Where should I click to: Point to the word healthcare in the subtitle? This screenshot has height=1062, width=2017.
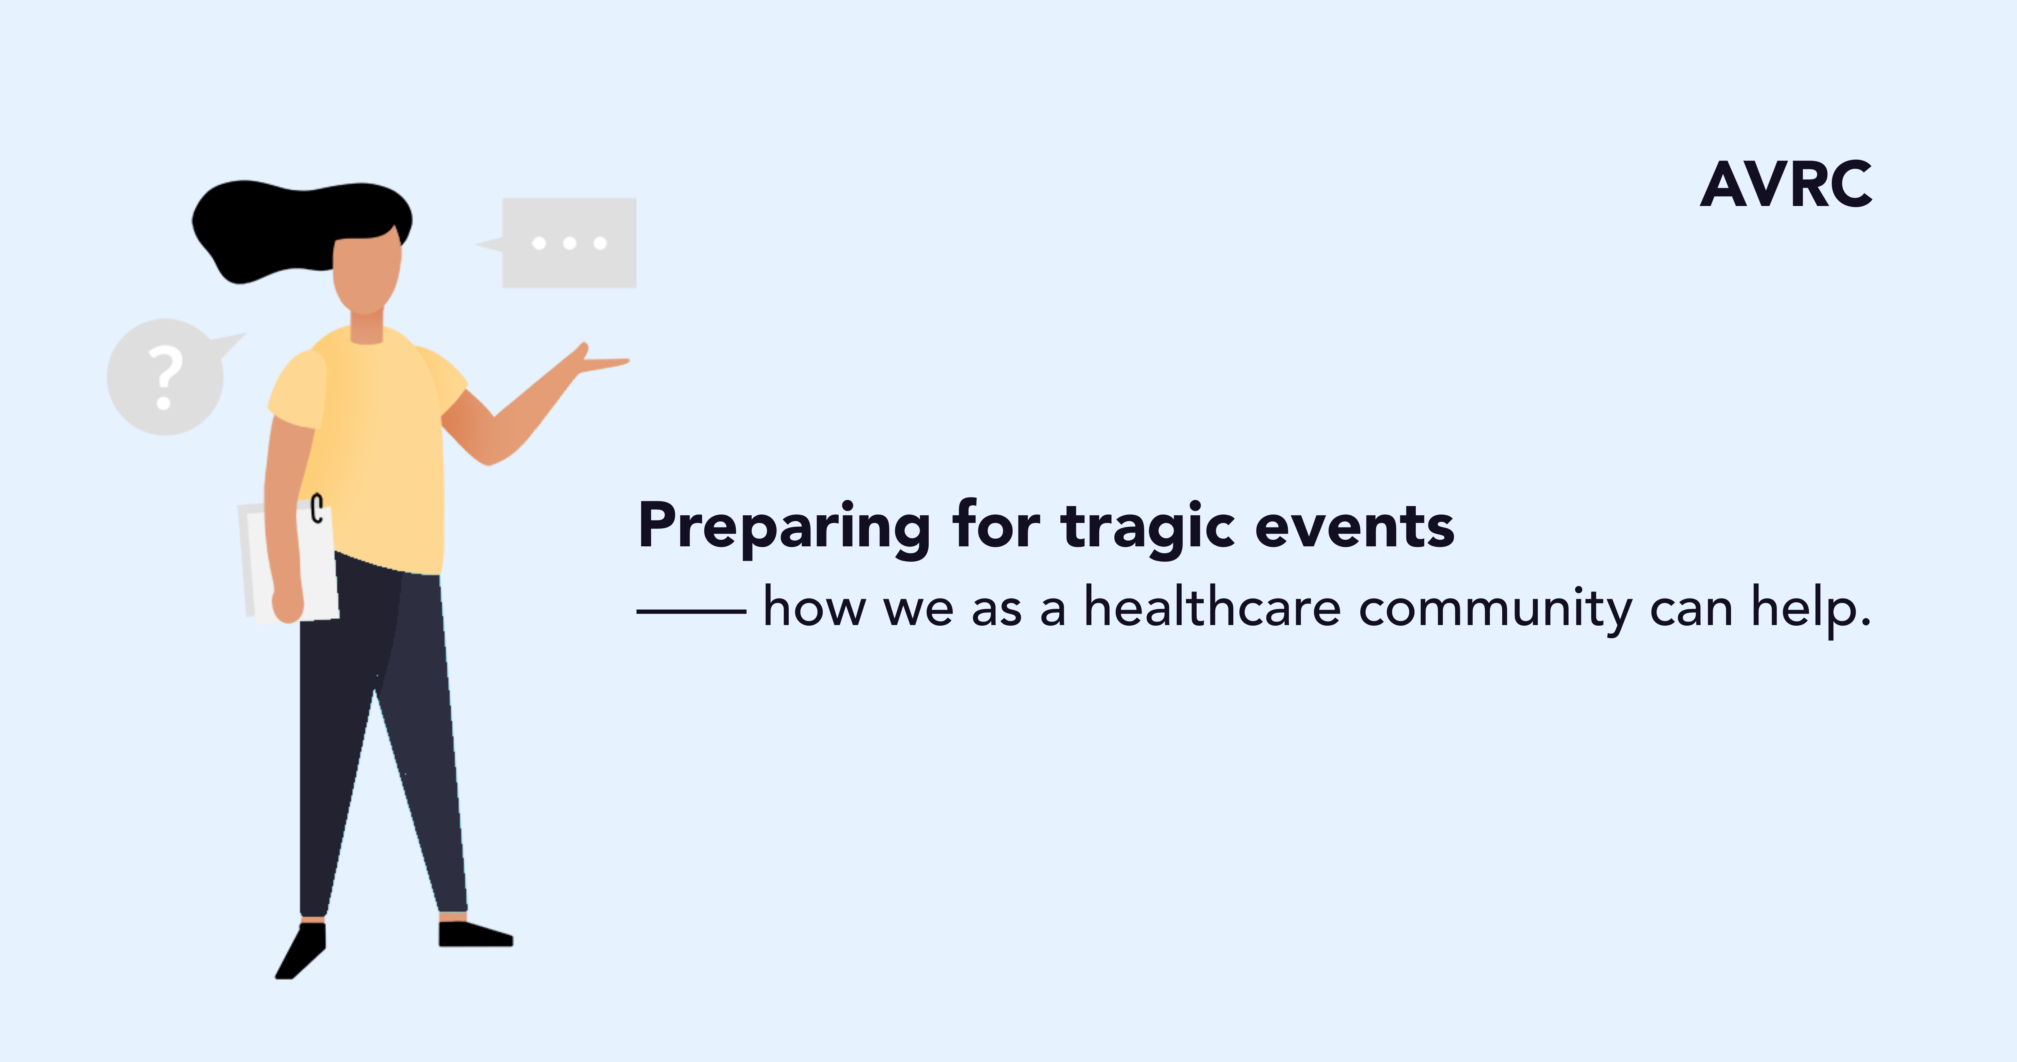pos(1212,608)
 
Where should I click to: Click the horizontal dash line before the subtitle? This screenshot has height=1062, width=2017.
pos(691,611)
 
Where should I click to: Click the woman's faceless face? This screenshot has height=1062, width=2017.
pos(367,270)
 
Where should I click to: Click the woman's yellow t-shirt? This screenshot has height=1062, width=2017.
pos(376,447)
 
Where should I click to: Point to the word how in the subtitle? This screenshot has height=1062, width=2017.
pos(814,608)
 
